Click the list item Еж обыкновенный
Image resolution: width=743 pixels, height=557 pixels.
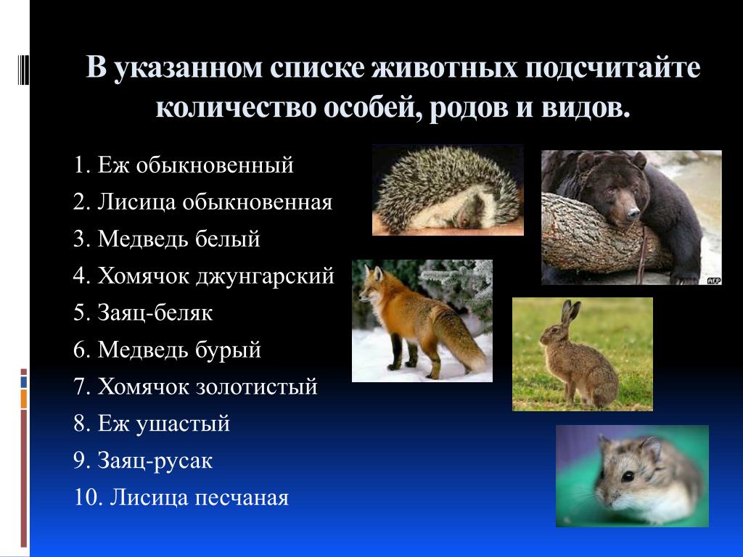pos(184,165)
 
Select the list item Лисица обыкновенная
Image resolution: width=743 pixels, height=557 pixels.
pos(203,202)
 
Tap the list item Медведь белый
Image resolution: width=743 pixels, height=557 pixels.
pos(167,239)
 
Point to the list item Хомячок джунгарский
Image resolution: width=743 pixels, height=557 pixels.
pos(204,276)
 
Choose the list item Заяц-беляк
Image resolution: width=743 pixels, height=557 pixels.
pos(143,313)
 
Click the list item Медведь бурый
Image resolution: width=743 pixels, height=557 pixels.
pos(168,350)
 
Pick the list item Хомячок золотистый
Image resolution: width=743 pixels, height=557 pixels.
pos(195,387)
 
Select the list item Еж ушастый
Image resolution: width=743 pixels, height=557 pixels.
pos(152,424)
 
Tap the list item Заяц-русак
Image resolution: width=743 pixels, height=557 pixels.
pos(143,461)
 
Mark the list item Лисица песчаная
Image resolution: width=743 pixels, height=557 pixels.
pos(181,498)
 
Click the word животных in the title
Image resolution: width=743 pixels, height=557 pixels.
pos(444,67)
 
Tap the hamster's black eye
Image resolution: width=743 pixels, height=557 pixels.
pos(628,476)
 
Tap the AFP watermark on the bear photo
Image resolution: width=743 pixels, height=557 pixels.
pos(714,281)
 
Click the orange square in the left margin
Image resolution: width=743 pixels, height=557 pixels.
pos(24,399)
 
